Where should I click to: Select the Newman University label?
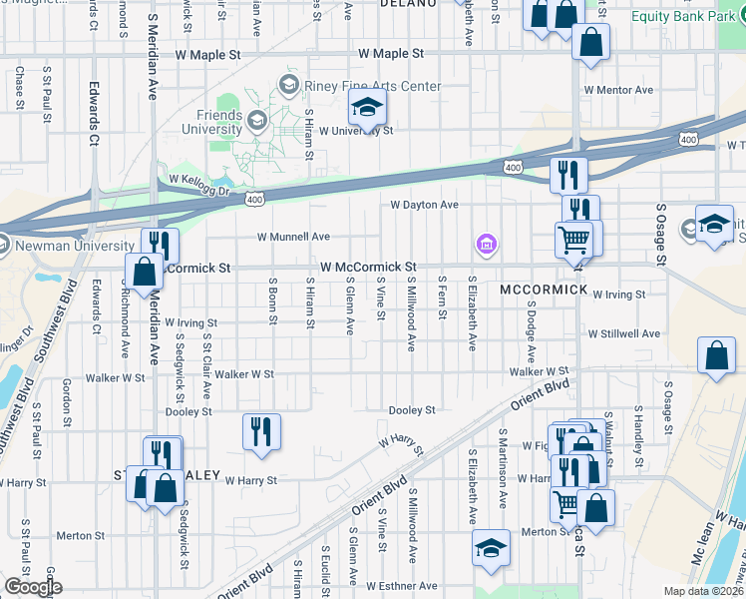pyautogui.click(x=74, y=246)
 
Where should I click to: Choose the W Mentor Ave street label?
pyautogui.click(x=618, y=90)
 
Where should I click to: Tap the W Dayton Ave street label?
pyautogui.click(x=424, y=205)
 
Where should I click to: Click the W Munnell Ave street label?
pyautogui.click(x=293, y=237)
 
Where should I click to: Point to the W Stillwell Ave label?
pyautogui.click(x=623, y=333)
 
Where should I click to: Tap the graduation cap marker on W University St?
pyautogui.click(x=367, y=108)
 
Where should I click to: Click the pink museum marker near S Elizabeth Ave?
pyautogui.click(x=486, y=244)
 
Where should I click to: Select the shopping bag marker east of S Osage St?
pyautogui.click(x=717, y=356)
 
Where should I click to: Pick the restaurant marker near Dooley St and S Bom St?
pyautogui.click(x=261, y=432)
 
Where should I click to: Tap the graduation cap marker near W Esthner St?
pyautogui.click(x=490, y=550)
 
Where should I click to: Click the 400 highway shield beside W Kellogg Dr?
pyautogui.click(x=255, y=200)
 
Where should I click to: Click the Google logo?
pyautogui.click(x=32, y=587)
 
